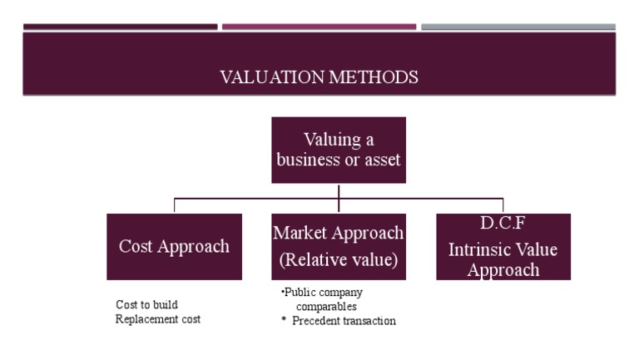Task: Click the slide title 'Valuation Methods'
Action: coord(319,77)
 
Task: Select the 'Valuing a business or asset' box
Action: coord(339,150)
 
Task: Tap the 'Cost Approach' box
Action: coord(174,247)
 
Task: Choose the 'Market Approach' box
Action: coord(339,247)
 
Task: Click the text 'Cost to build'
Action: coord(146,304)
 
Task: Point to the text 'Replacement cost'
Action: coord(158,318)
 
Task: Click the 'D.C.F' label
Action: coord(503,224)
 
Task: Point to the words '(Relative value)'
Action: coord(339,260)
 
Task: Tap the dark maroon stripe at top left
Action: coord(120,27)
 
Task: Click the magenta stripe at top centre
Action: coord(319,27)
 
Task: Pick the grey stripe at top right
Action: coord(518,27)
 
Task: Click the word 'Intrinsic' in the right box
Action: coord(478,249)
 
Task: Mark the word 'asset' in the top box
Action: coord(384,160)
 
